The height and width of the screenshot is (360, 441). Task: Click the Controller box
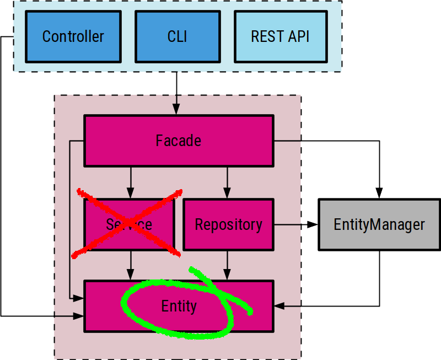[73, 36]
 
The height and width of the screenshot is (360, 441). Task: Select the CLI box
[177, 36]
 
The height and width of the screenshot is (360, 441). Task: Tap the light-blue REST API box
[279, 36]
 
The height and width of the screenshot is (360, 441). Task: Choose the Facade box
[178, 141]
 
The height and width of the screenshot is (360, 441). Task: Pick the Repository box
[228, 224]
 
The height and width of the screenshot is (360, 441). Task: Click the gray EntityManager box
[379, 224]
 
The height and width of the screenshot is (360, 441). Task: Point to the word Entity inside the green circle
[179, 306]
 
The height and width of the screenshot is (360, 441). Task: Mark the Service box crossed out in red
[128, 224]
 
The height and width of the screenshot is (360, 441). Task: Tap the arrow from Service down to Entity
[131, 265]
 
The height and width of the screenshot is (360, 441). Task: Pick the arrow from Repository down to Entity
[227, 265]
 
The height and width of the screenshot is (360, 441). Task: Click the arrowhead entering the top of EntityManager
[379, 193]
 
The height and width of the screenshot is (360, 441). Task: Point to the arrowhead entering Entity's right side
[279, 306]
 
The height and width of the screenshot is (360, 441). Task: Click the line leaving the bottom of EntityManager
[379, 276]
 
